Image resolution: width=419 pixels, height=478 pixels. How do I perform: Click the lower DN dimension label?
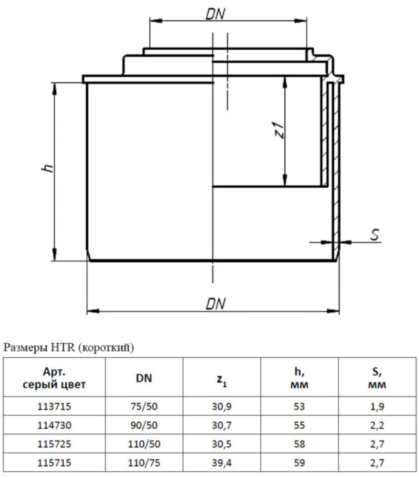point(216,304)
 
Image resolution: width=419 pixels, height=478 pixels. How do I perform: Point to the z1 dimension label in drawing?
point(278,130)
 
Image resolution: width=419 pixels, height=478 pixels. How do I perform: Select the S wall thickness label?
point(374,235)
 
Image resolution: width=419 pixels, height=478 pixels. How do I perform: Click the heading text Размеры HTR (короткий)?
point(69,348)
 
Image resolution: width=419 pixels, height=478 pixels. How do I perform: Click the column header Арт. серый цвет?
point(55,378)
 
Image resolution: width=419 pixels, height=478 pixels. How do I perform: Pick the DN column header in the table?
point(144,378)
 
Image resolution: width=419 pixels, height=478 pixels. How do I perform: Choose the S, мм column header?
point(377,378)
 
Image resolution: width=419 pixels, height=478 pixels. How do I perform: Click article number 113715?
point(54,406)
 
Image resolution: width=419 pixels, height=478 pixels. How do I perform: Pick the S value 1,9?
point(377,406)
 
